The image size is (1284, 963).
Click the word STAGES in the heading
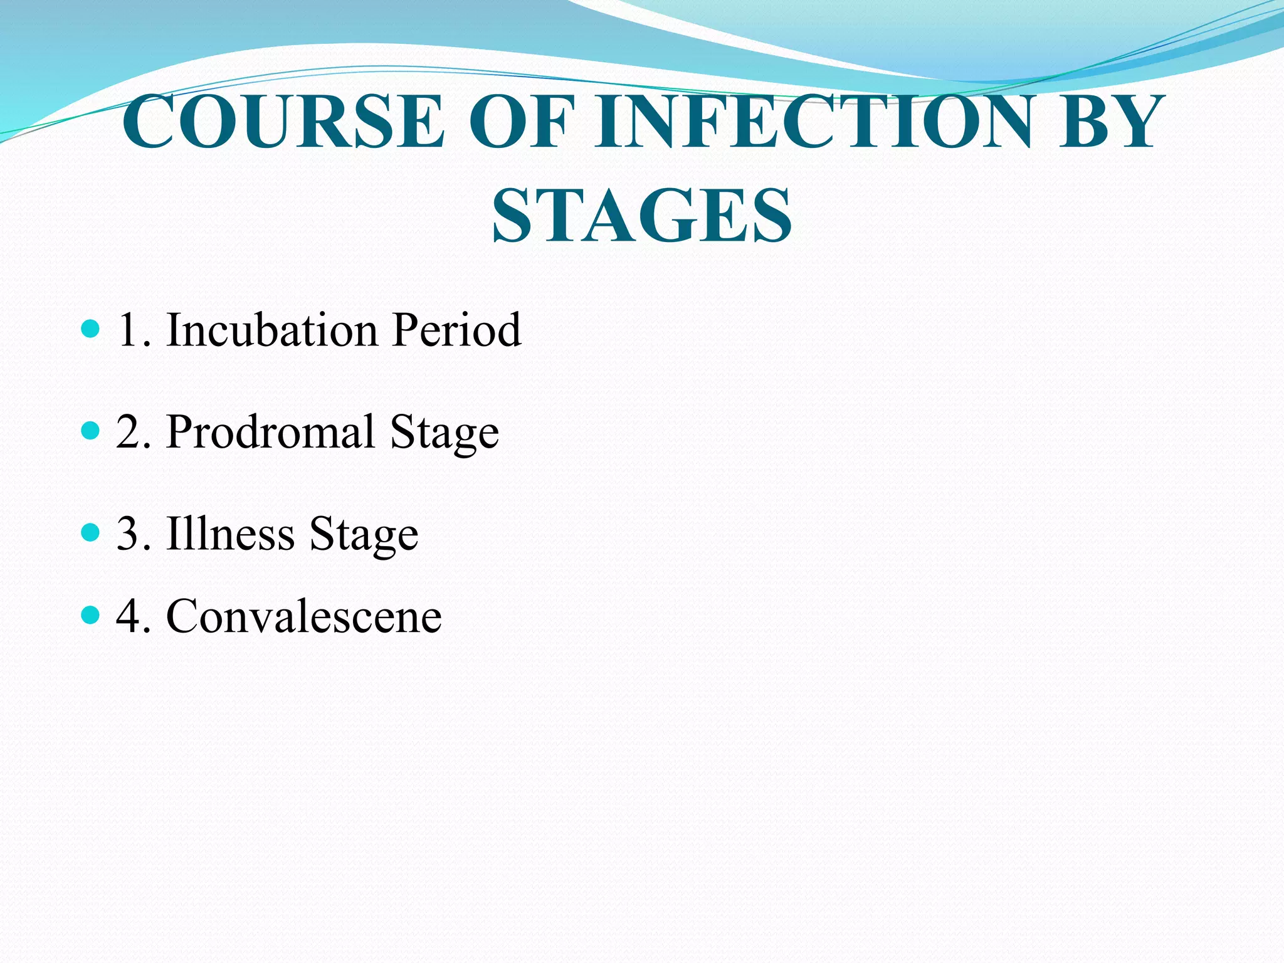pyautogui.click(x=642, y=216)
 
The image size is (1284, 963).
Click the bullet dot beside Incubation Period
pyautogui.click(x=91, y=328)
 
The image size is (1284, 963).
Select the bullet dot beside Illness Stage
pyautogui.click(x=91, y=532)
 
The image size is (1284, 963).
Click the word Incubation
pyautogui.click(x=271, y=330)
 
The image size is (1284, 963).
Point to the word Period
pyautogui.click(x=456, y=330)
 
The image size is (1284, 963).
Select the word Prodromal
pyautogui.click(x=270, y=432)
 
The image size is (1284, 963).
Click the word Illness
pyautogui.click(x=230, y=534)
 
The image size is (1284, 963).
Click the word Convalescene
pyautogui.click(x=304, y=617)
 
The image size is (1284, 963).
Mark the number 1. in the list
pyautogui.click(x=134, y=331)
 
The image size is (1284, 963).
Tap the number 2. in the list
pyautogui.click(x=134, y=433)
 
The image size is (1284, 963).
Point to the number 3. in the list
pyautogui.click(x=134, y=535)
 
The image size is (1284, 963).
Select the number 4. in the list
pyautogui.click(x=134, y=617)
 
